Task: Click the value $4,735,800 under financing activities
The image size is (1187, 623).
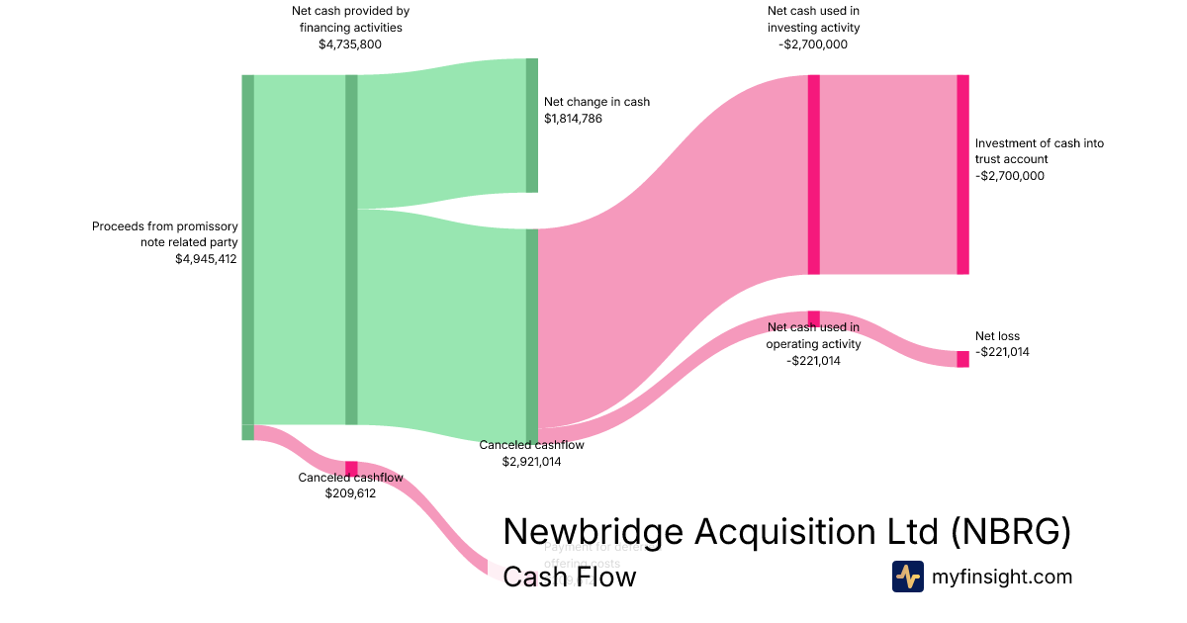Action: [350, 44]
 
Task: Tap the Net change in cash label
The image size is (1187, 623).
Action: [596, 102]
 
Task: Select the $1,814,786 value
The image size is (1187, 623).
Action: [573, 119]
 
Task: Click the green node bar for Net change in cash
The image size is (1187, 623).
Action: [531, 126]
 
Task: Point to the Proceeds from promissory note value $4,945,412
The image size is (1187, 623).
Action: [206, 259]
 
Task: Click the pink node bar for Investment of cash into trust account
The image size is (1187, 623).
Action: [962, 174]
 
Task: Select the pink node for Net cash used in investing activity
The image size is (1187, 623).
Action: [813, 174]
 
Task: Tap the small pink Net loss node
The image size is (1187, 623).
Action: [962, 359]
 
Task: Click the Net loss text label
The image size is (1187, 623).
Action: [997, 336]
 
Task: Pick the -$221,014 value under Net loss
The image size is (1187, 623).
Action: [1002, 352]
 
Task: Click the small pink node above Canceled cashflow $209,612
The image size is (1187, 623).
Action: [351, 468]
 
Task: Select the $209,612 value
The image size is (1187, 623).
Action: [350, 493]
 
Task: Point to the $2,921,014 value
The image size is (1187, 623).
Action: [531, 461]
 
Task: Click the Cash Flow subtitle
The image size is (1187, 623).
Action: [569, 576]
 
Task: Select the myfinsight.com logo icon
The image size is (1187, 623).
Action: [907, 577]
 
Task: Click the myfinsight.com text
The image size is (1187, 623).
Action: [1001, 577]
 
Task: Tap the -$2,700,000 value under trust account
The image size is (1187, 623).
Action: [1009, 176]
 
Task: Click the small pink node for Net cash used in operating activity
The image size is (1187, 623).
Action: [813, 317]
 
